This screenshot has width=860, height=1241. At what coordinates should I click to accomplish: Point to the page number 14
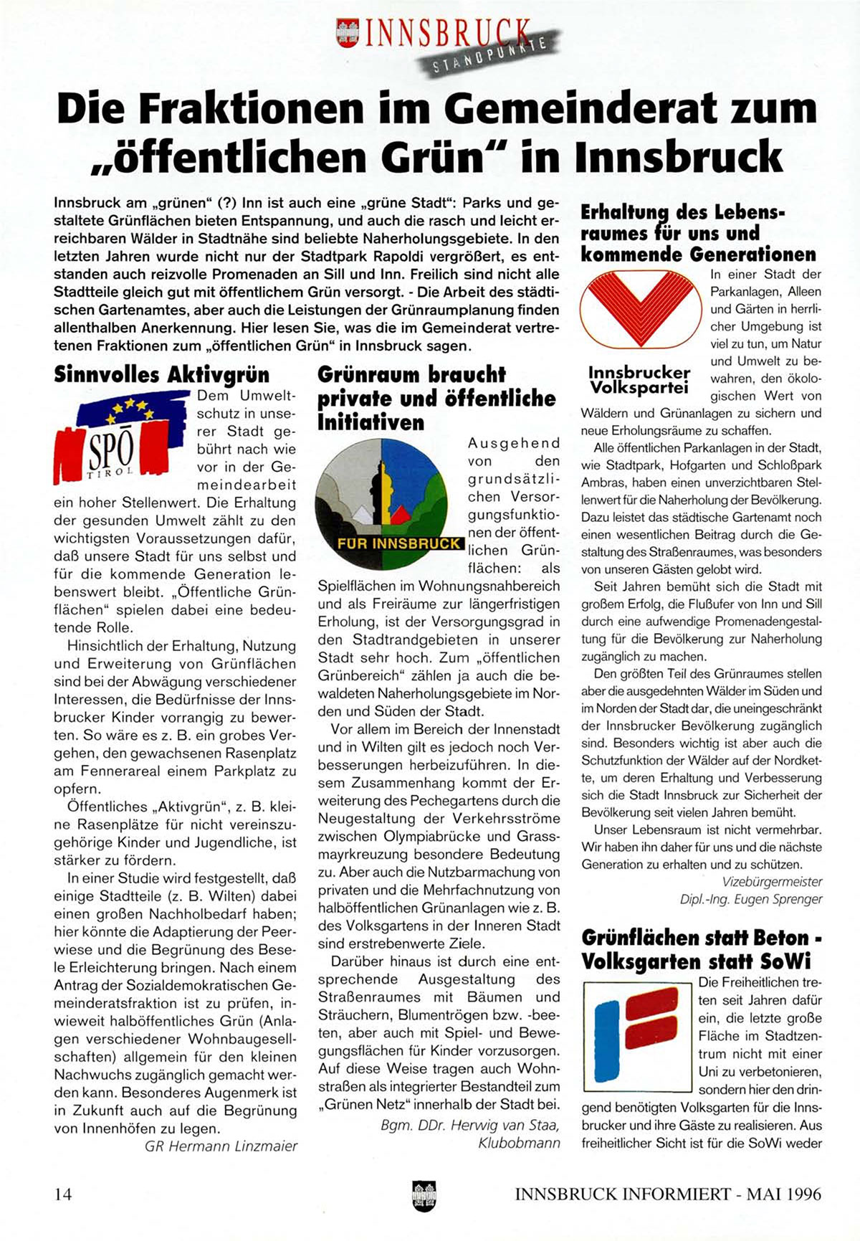pyautogui.click(x=63, y=1194)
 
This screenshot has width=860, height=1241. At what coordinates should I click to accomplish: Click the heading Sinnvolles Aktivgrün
pyautogui.click(x=162, y=375)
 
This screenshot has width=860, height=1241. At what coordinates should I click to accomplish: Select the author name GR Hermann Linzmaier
pyautogui.click(x=221, y=1146)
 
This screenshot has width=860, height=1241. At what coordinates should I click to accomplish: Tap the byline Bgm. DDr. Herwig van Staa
pyautogui.click(x=470, y=1125)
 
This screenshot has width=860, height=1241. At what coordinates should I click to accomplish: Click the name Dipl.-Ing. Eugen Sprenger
pyautogui.click(x=751, y=899)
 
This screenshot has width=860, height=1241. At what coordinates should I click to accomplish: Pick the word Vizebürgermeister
pyautogui.click(x=772, y=882)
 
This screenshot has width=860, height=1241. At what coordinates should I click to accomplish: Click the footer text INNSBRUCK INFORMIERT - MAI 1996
pyautogui.click(x=668, y=1194)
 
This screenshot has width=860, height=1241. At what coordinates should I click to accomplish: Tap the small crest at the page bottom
pyautogui.click(x=424, y=1196)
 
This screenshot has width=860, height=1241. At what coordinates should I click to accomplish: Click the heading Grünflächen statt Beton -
pyautogui.click(x=702, y=938)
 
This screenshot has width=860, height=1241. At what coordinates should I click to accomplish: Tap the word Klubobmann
pyautogui.click(x=519, y=1143)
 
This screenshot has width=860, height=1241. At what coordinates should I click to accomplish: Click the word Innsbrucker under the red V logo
pyautogui.click(x=639, y=373)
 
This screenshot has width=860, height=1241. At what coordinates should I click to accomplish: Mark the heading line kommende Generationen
pyautogui.click(x=698, y=255)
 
